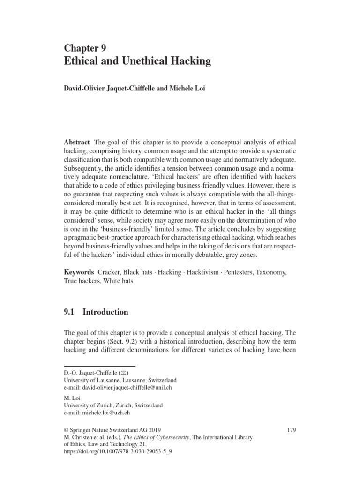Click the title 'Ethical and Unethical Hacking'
[x=137, y=61]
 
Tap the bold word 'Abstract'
[x=77, y=142]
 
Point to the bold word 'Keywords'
[x=79, y=272]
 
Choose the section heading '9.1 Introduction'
[x=96, y=312]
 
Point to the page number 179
[x=291, y=430]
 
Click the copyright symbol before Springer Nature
[x=66, y=430]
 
